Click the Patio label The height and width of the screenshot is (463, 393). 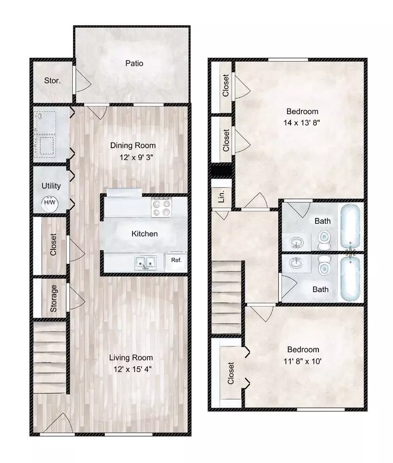134,63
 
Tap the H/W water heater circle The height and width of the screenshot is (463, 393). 50,203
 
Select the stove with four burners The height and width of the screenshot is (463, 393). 161,207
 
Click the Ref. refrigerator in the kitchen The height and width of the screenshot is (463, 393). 176,261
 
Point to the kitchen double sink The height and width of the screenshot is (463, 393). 145,262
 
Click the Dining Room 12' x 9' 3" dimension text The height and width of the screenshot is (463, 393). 136,157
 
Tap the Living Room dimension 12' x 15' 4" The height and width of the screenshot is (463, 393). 132,369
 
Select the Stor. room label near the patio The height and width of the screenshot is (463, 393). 52,81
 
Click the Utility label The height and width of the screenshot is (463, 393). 51,186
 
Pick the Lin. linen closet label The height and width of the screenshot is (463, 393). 222,196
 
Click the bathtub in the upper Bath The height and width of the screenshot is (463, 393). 351,226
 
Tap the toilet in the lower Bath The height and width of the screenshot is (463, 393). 324,265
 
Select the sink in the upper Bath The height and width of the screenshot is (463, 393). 296,243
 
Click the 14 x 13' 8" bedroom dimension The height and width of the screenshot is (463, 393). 301,123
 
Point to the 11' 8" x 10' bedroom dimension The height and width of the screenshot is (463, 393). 302,361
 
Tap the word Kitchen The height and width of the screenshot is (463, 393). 144,234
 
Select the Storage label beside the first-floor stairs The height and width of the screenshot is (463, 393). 53,298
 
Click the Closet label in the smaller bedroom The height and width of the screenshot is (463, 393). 231,373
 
